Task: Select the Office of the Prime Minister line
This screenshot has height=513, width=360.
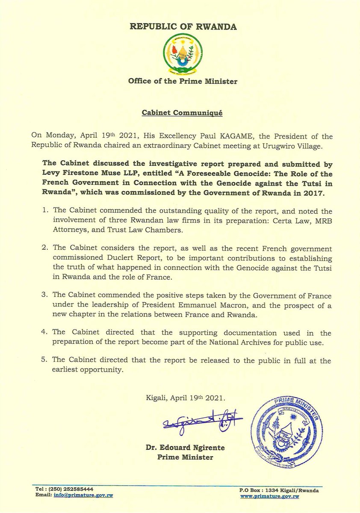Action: coord(183,81)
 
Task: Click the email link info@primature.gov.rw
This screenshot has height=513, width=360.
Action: coord(83,495)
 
